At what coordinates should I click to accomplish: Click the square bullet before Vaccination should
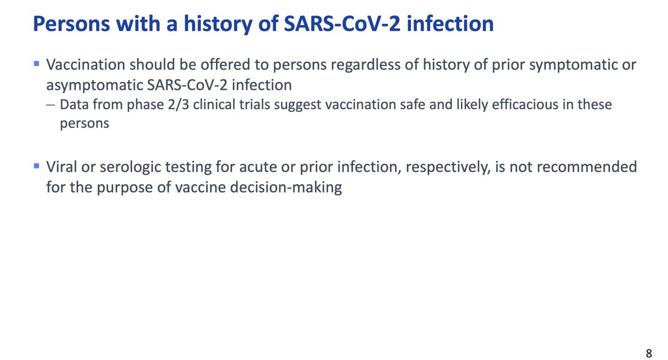[x=36, y=65]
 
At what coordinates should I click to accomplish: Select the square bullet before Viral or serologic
[x=36, y=166]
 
